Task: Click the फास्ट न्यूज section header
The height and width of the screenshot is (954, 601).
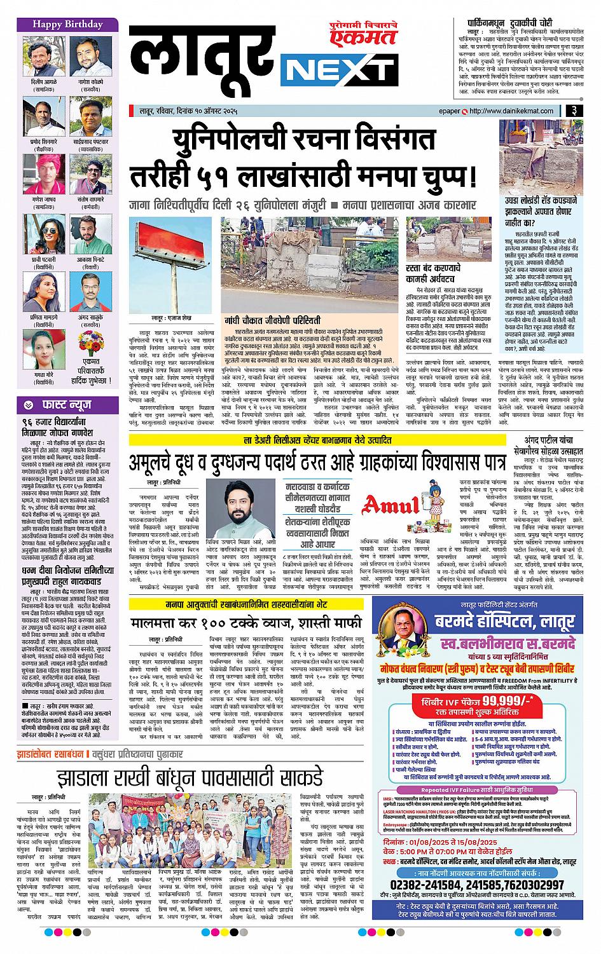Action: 60,404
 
